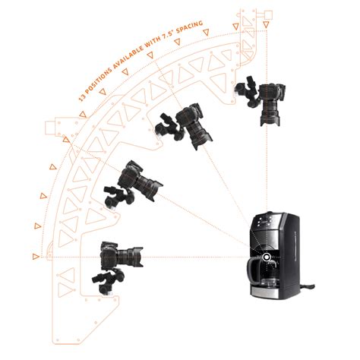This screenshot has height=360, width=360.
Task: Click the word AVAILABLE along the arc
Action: pyautogui.click(x=139, y=51)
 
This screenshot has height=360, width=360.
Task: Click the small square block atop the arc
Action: pyautogui.click(x=267, y=13)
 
